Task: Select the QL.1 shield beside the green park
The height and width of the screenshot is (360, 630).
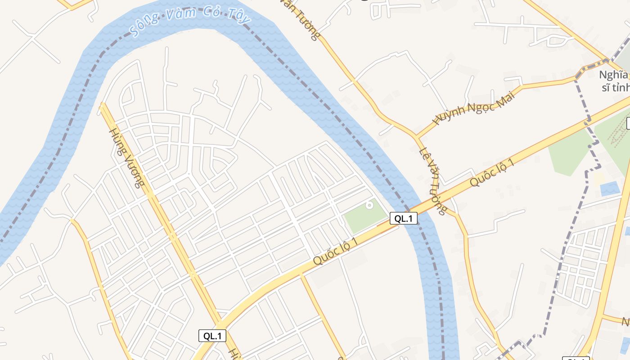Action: [403, 219]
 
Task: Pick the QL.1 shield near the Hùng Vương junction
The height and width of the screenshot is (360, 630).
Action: [212, 336]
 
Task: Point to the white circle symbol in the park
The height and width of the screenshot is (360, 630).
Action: [369, 205]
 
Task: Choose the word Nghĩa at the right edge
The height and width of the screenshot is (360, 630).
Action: [612, 75]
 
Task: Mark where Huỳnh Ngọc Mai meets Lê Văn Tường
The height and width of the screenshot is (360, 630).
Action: [417, 135]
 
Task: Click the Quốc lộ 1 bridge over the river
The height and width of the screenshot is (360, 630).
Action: [418, 211]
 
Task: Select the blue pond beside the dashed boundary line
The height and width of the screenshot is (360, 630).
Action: [609, 188]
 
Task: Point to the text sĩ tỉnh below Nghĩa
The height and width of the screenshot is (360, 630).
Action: [615, 87]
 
